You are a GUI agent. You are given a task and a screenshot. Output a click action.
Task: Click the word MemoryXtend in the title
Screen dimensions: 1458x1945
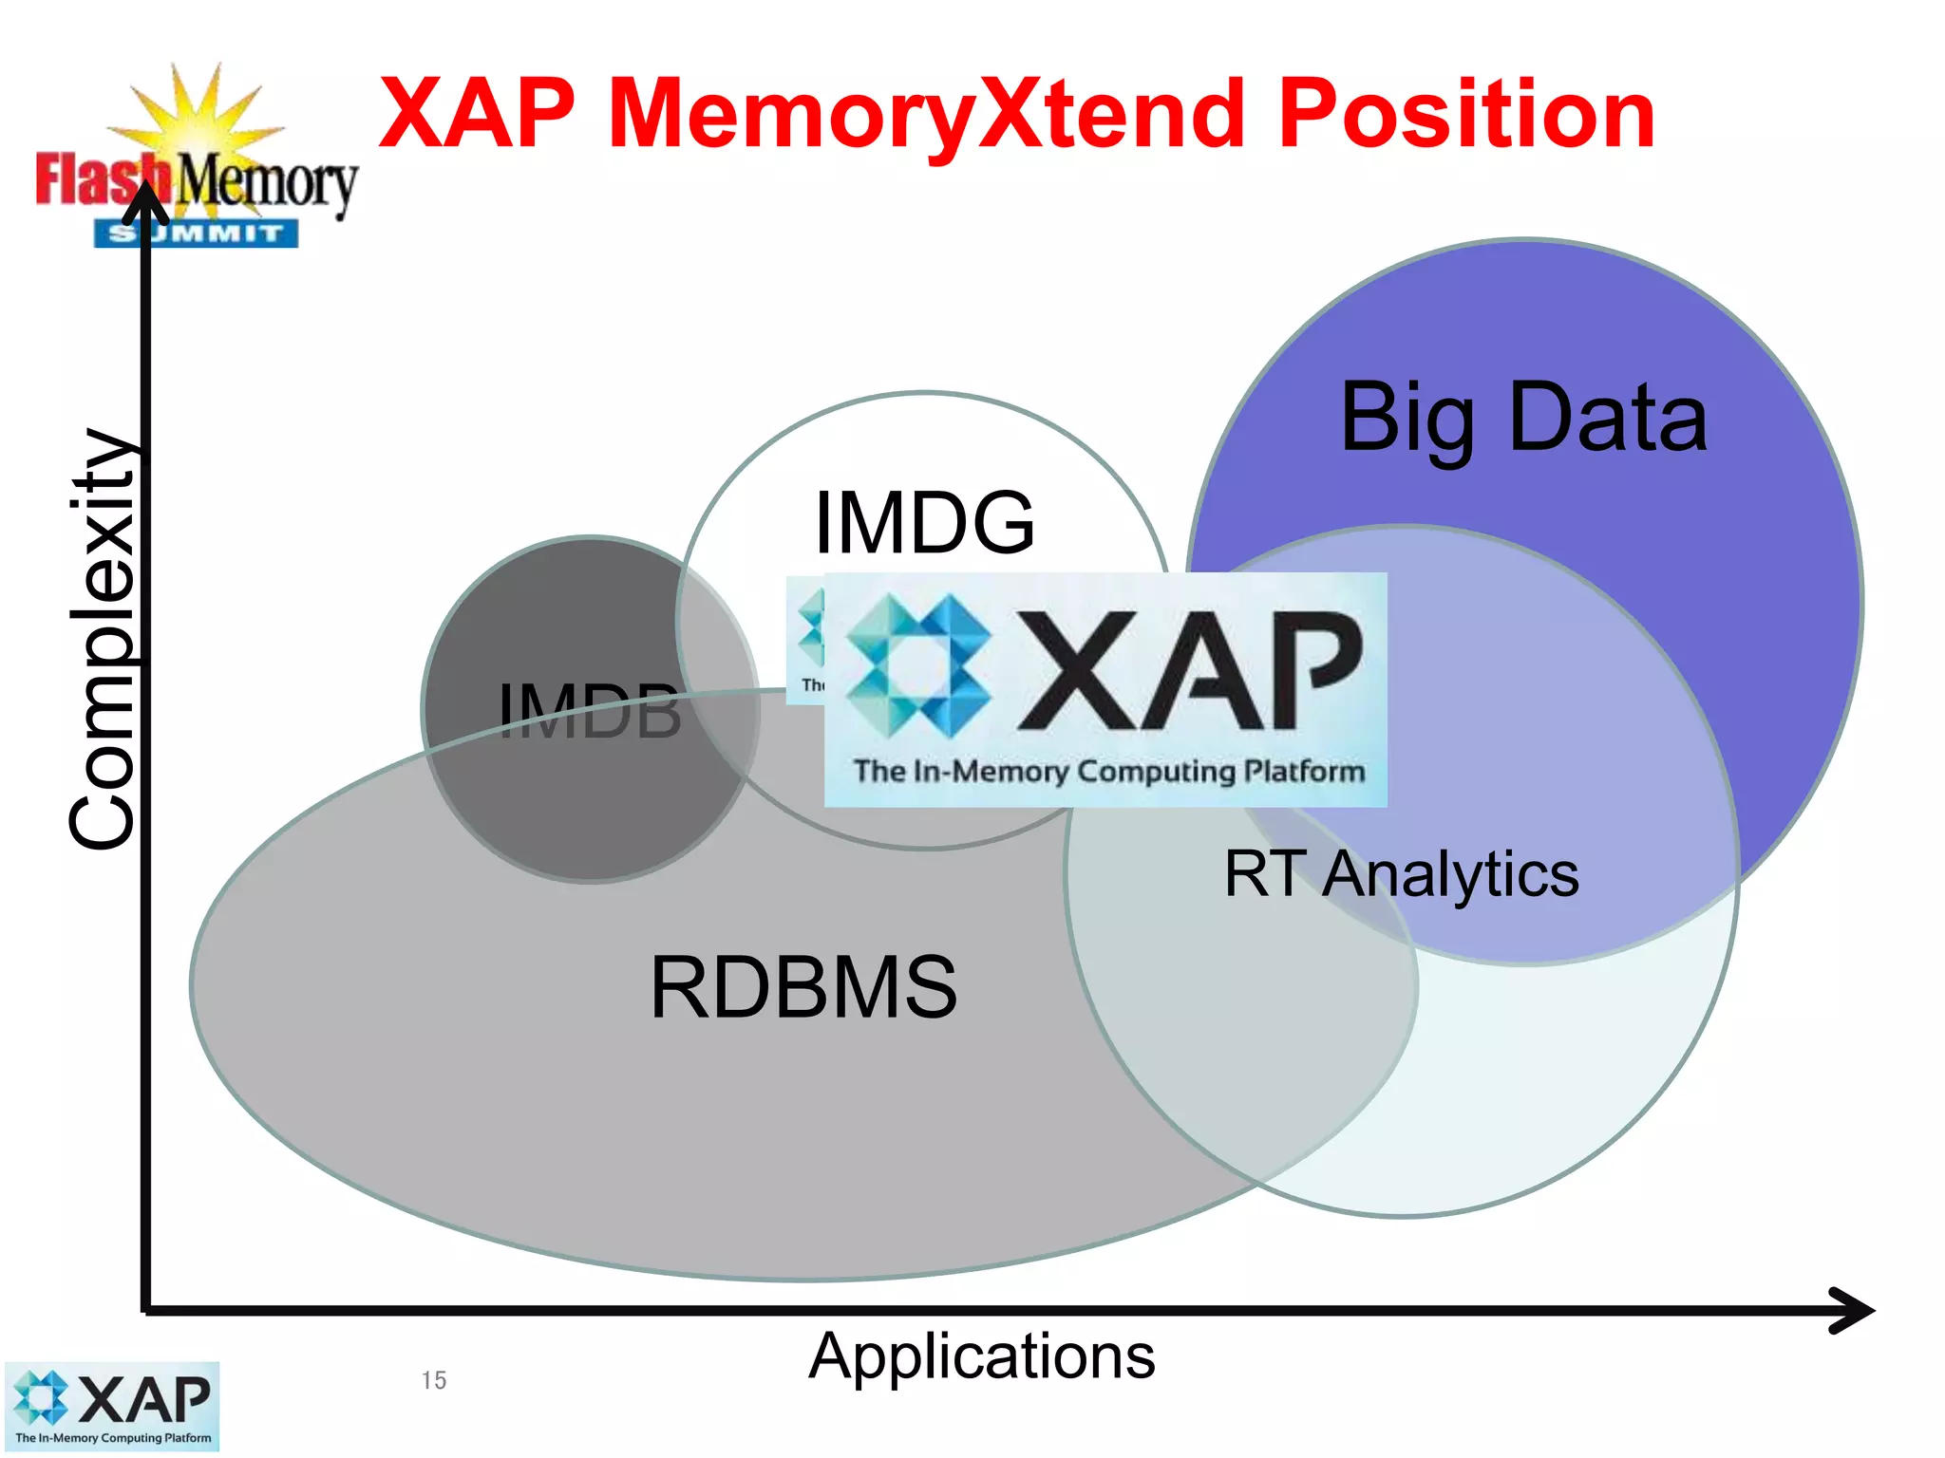point(926,116)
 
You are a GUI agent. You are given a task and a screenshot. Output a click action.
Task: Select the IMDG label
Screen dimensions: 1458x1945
point(923,523)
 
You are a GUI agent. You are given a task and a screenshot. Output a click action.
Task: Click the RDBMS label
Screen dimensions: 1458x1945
point(803,988)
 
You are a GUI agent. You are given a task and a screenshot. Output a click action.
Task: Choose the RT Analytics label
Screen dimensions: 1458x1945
point(1401,874)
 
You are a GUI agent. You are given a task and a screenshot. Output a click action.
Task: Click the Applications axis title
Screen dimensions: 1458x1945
point(982,1356)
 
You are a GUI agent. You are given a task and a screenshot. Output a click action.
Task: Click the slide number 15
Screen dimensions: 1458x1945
point(434,1380)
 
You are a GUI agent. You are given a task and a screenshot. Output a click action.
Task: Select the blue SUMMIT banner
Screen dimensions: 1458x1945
point(196,234)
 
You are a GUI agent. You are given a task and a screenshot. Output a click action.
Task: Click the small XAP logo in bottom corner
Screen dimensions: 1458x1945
point(112,1407)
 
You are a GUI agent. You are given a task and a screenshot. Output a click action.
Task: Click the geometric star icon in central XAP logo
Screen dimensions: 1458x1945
point(917,665)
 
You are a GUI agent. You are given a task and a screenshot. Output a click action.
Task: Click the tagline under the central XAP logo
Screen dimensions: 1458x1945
point(1108,771)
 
